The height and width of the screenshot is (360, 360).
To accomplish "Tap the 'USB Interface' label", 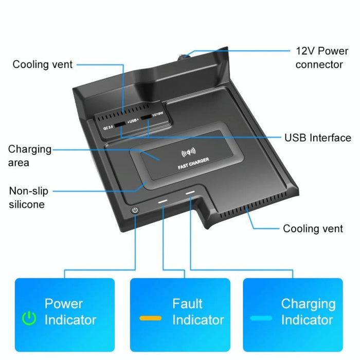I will (317, 138).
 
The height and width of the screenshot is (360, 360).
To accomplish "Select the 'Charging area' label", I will (30, 156).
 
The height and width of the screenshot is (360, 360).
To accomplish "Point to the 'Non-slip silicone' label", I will (29, 197).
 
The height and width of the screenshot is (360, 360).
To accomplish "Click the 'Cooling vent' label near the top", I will (43, 64).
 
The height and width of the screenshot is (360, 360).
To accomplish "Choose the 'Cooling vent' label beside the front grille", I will (313, 229).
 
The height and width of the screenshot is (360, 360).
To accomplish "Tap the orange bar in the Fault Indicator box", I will (151, 318).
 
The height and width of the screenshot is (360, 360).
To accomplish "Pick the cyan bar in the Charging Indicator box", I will (261, 318).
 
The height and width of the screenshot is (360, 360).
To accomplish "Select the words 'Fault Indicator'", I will (198, 312).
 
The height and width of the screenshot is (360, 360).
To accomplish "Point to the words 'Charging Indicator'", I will (308, 312).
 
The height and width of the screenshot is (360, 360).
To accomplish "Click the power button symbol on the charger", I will (135, 210).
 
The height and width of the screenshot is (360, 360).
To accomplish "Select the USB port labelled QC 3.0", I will (119, 124).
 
